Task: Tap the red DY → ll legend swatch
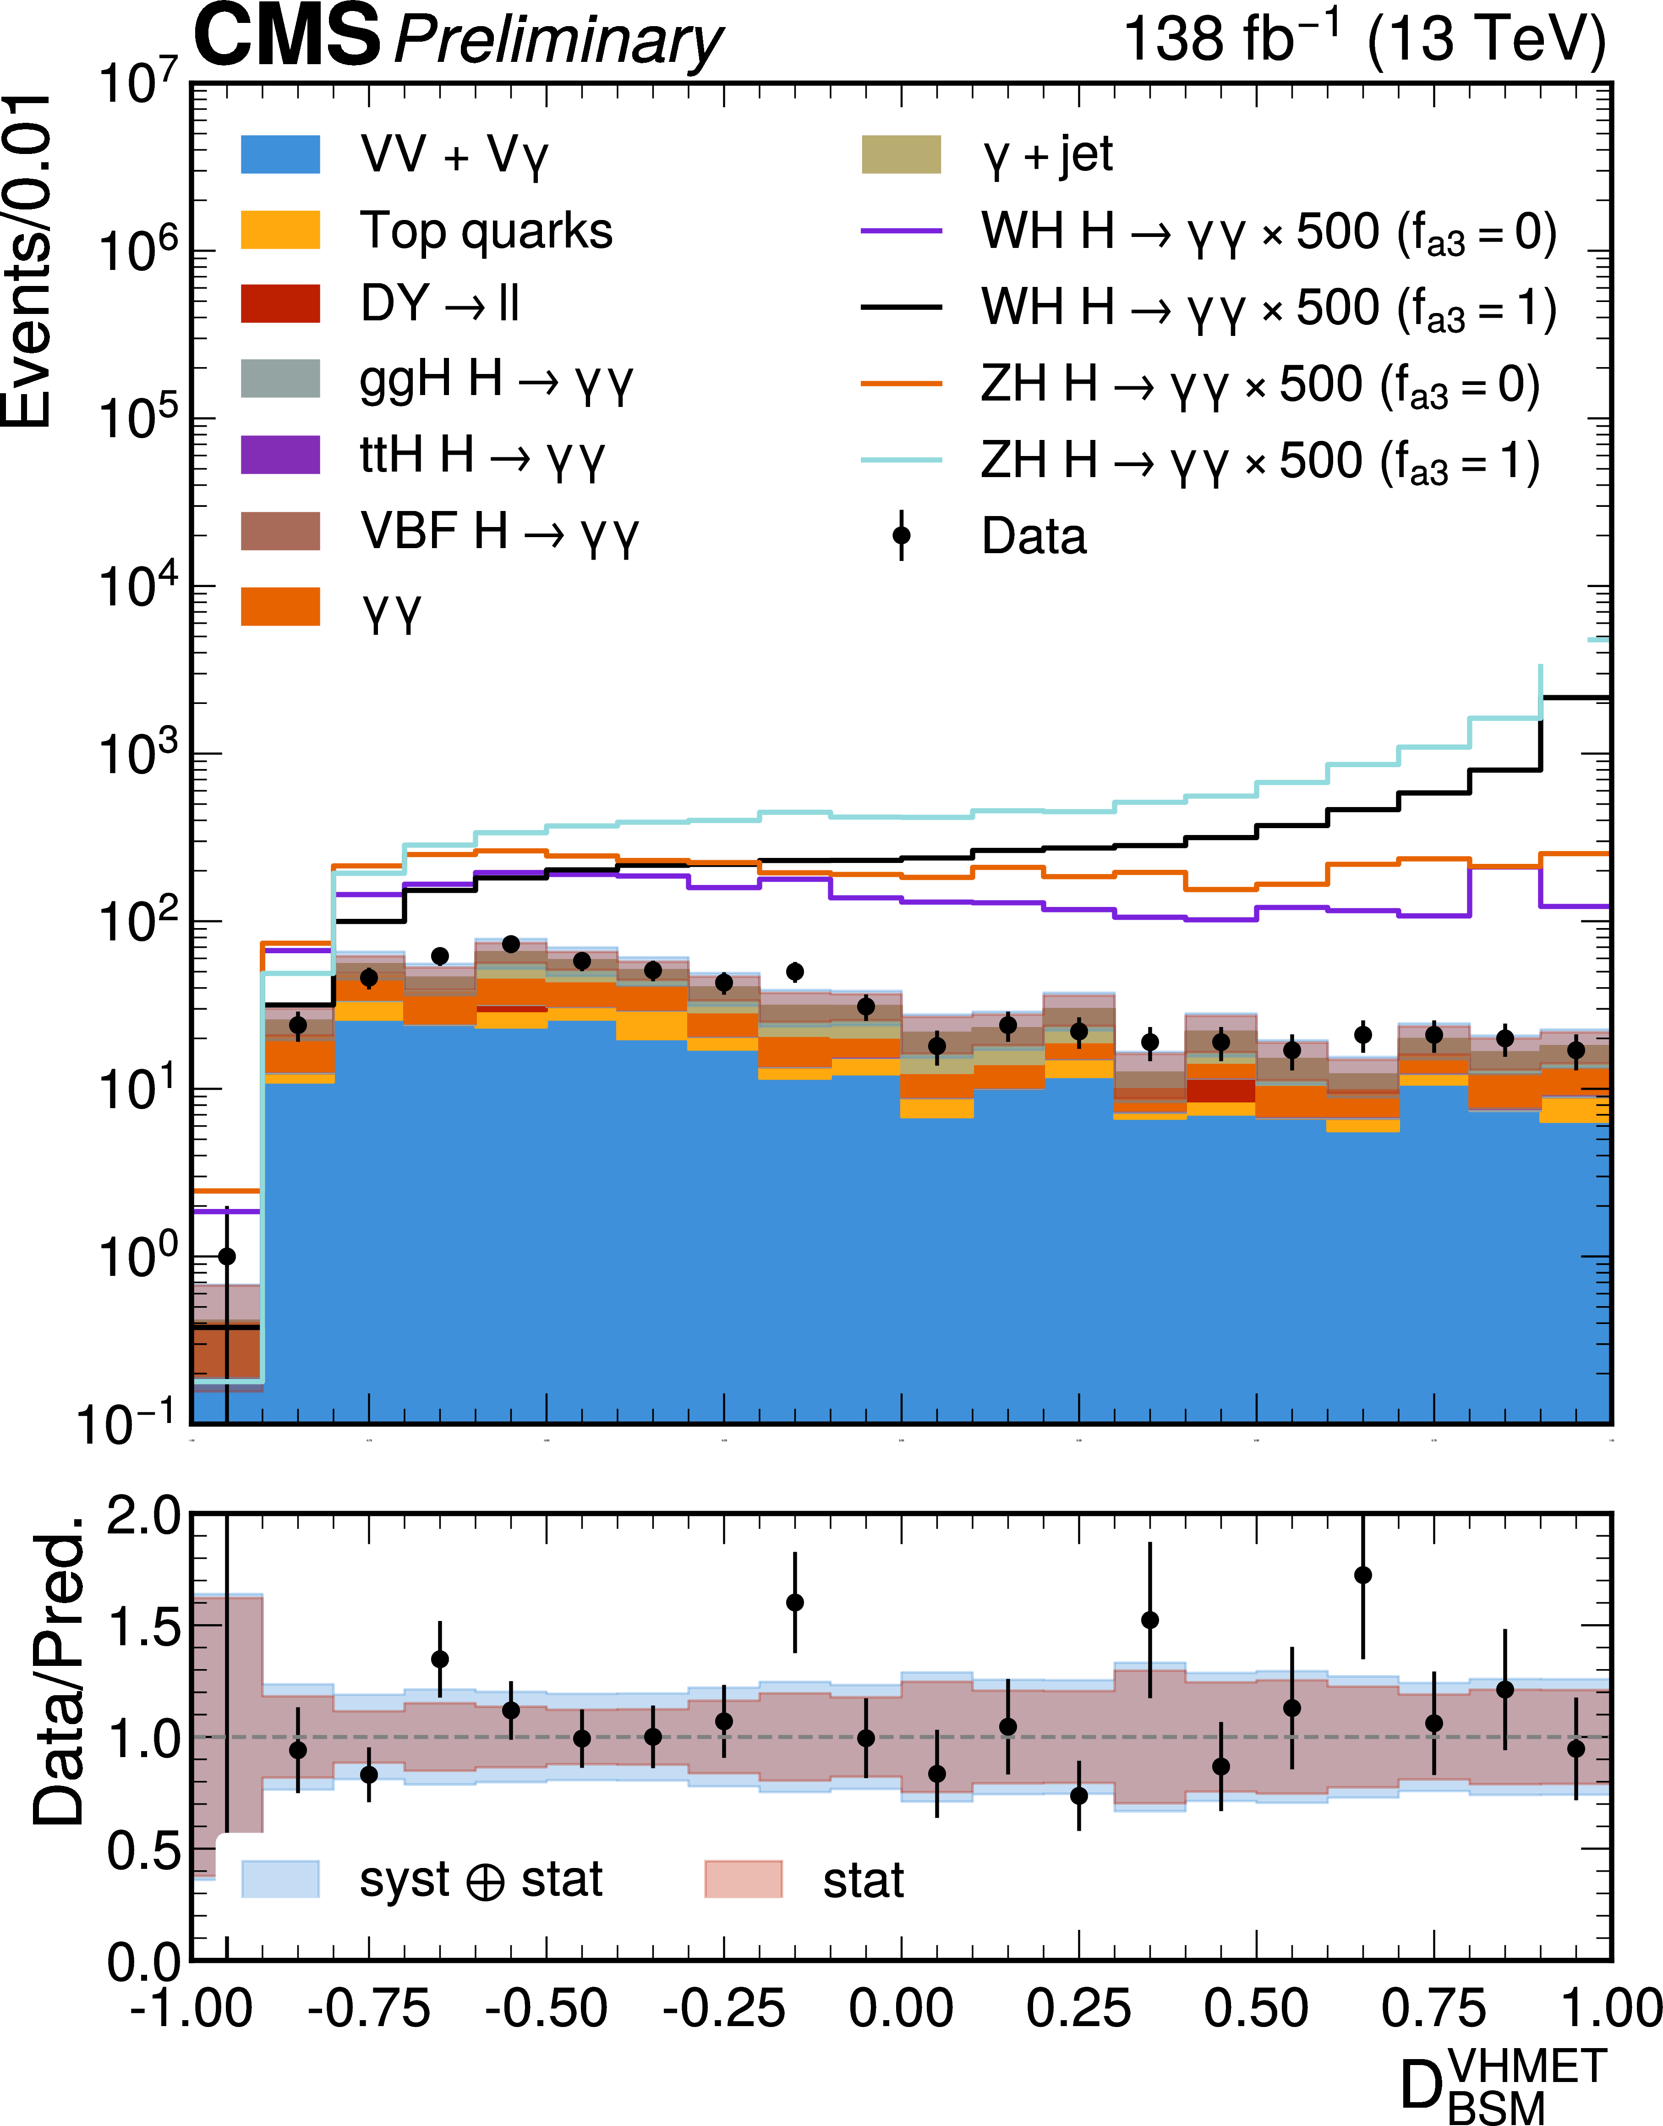[x=280, y=304]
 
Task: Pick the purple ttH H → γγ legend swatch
[x=280, y=455]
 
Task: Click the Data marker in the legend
[x=902, y=536]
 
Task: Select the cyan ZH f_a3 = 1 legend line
[x=901, y=460]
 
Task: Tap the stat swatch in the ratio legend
[x=743, y=1879]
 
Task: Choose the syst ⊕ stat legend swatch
[x=280, y=1879]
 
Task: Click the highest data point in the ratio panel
[x=1363, y=1575]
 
